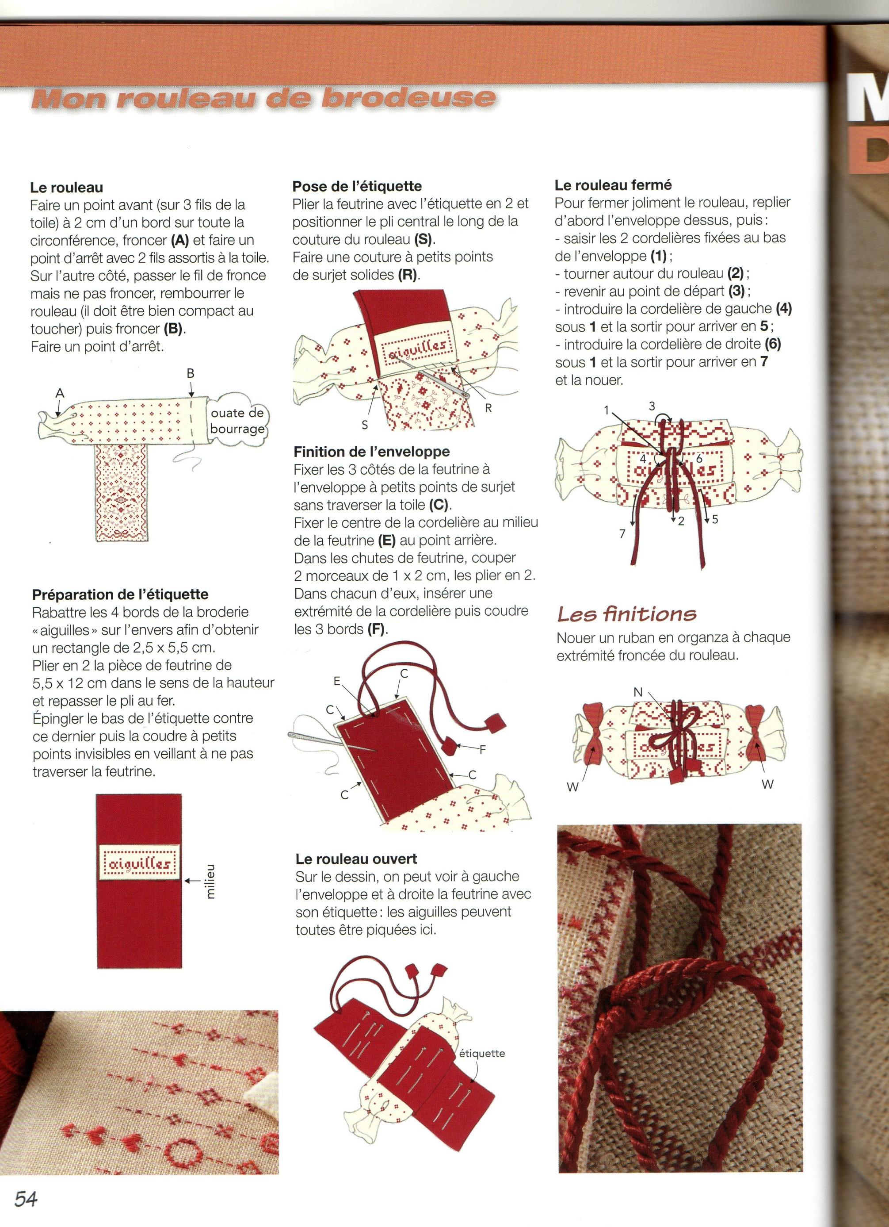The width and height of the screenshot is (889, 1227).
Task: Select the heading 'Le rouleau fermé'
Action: click(613, 185)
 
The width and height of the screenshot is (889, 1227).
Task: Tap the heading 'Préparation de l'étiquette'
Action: click(120, 594)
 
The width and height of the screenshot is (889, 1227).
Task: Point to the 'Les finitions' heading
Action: click(627, 614)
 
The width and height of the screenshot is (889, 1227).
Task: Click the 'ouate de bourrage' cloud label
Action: click(237, 421)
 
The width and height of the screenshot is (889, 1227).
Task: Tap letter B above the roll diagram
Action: click(191, 373)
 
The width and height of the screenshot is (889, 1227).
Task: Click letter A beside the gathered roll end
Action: click(60, 394)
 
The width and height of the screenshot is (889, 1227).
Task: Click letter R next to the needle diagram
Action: click(488, 408)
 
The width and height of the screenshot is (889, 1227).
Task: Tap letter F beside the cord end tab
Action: click(482, 750)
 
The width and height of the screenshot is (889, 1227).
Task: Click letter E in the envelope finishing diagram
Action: click(337, 682)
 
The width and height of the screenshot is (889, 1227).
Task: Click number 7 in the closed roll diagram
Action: click(622, 534)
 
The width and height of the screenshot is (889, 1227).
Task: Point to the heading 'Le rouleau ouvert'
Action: click(356, 859)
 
